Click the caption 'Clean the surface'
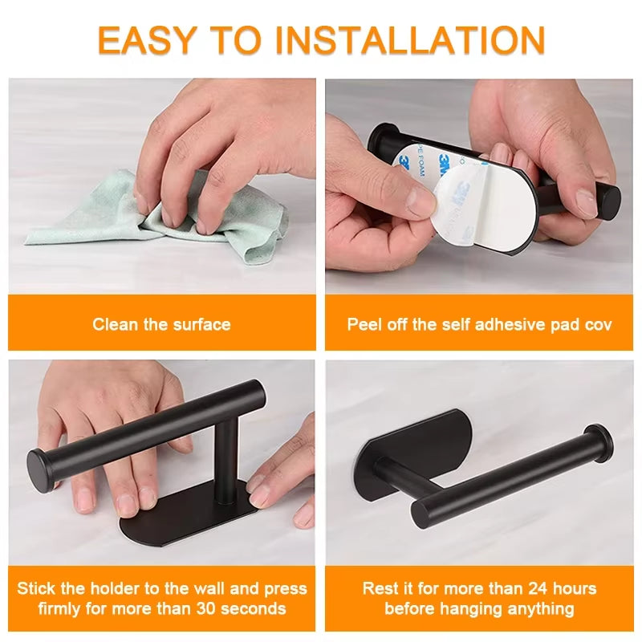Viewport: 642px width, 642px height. pyautogui.click(x=161, y=324)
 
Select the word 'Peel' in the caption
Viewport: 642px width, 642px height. pyautogui.click(x=364, y=324)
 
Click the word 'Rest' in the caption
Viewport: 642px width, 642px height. pyautogui.click(x=381, y=588)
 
